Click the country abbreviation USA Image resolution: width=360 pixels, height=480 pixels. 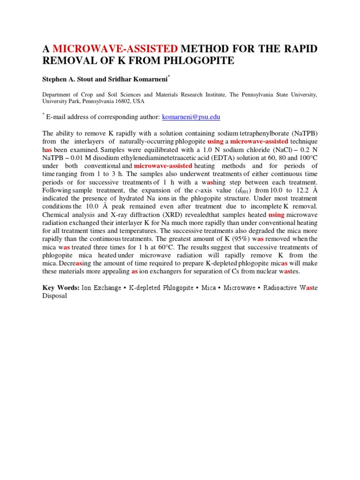click(139, 101)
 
